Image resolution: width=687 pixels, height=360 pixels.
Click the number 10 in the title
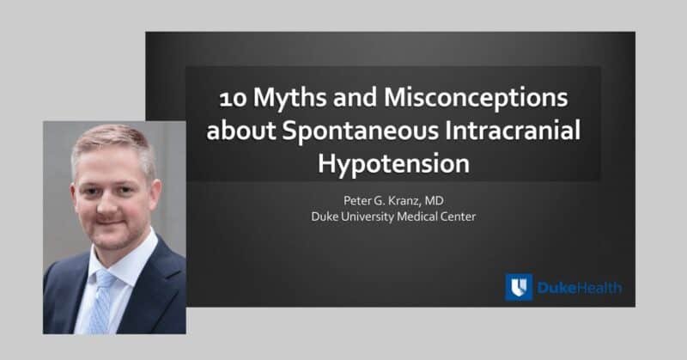[x=233, y=98]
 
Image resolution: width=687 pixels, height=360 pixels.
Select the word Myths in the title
[x=289, y=98]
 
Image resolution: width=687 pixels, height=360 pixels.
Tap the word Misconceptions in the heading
[x=476, y=98]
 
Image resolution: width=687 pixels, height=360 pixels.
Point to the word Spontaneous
[x=360, y=131]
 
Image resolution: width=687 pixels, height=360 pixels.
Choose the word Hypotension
[x=393, y=163]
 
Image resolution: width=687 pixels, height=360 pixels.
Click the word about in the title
[x=241, y=131]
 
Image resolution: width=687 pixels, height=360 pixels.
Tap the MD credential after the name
[x=435, y=200]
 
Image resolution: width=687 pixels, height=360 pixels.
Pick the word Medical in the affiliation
[x=416, y=217]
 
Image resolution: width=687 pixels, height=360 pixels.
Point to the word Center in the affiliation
[x=458, y=217]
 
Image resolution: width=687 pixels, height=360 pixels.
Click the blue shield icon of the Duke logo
[x=520, y=287]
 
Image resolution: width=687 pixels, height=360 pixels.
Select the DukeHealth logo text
[x=579, y=288]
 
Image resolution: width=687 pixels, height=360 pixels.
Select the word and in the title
[x=355, y=97]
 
